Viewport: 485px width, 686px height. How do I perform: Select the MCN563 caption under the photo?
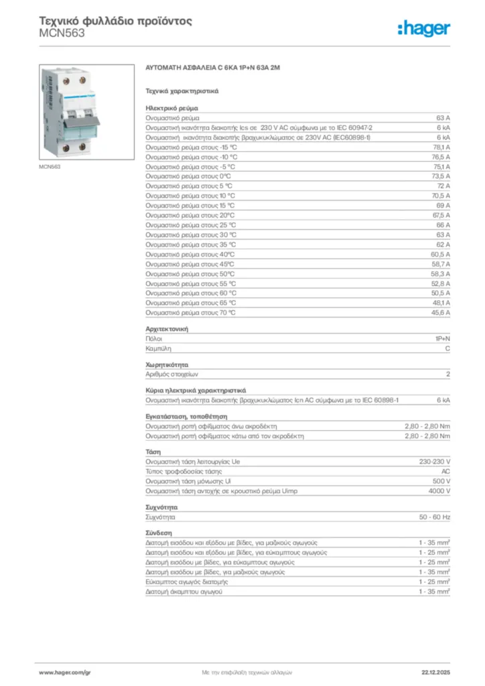click(50, 167)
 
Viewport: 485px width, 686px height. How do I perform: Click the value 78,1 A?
click(441, 147)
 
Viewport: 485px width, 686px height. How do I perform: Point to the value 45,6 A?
click(441, 313)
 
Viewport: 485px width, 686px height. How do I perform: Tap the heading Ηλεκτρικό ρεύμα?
click(171, 107)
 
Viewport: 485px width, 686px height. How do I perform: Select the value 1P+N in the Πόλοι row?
click(442, 339)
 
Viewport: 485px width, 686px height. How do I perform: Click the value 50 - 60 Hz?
click(434, 518)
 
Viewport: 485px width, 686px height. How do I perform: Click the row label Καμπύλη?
click(157, 349)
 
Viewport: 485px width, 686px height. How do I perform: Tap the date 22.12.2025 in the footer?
click(435, 671)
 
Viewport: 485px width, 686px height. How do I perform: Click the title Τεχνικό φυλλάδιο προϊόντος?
click(116, 21)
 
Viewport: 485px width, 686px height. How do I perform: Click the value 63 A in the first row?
click(443, 117)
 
